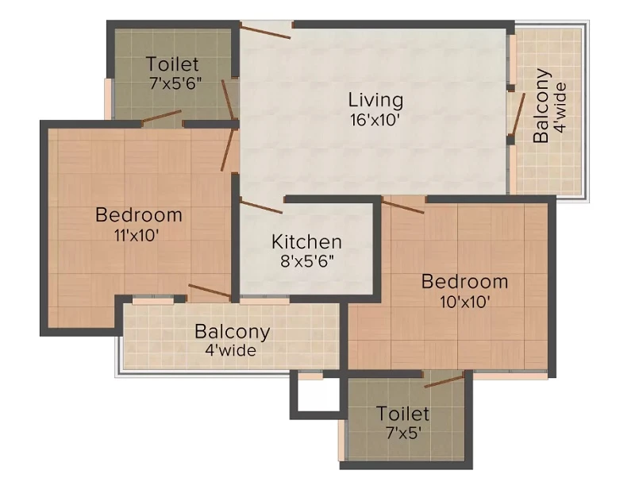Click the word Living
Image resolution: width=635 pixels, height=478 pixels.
(375, 101)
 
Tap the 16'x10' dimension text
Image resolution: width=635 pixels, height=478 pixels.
(375, 121)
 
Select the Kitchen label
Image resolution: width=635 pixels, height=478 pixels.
(306, 242)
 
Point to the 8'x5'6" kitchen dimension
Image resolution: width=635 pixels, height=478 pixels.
(307, 262)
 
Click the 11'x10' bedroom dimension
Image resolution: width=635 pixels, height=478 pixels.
(136, 235)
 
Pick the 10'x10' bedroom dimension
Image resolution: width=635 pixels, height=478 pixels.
(465, 302)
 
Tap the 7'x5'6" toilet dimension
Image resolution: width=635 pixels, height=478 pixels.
(175, 84)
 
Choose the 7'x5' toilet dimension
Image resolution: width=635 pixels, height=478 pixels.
(404, 434)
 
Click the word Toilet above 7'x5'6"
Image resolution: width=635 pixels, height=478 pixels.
(172, 64)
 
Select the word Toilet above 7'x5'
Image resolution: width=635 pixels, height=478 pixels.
(403, 414)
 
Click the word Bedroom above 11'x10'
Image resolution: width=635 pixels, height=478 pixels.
(138, 215)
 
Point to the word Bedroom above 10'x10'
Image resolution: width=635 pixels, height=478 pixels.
(464, 282)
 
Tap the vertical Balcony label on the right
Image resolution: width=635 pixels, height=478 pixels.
(541, 106)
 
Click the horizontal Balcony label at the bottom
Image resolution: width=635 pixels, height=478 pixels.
(232, 332)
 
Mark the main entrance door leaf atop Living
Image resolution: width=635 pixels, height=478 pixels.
(265, 31)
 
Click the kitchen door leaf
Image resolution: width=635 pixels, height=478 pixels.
(261, 206)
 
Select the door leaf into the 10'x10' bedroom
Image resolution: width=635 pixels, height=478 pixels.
(403, 206)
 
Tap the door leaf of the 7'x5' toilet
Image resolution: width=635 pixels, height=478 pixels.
(444, 382)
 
